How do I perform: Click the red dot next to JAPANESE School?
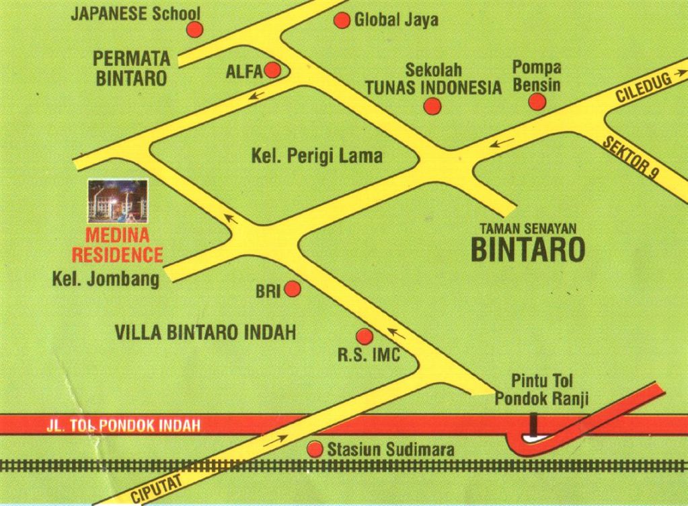(x=195, y=29)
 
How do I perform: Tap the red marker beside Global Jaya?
(x=342, y=20)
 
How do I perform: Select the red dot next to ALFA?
(x=272, y=70)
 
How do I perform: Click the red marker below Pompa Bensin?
(x=537, y=102)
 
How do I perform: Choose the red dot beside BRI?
(x=293, y=289)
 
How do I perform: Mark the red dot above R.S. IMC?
(x=364, y=336)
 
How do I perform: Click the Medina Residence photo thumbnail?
(x=118, y=200)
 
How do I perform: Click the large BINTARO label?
(x=527, y=248)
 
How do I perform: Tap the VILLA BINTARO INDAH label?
(x=205, y=332)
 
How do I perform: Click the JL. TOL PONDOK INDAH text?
(x=124, y=425)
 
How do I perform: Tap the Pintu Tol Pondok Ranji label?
(x=541, y=390)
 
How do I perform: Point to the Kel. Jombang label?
(x=106, y=279)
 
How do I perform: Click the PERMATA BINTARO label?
(x=131, y=68)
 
